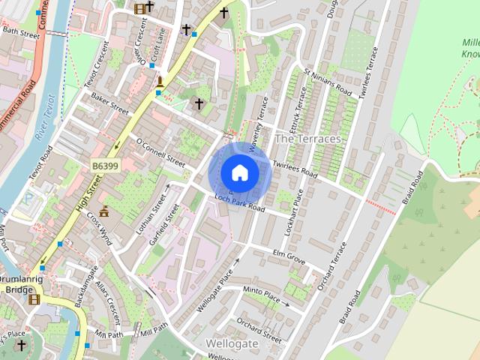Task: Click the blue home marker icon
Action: [x=239, y=172]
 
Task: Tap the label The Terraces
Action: [x=307, y=139]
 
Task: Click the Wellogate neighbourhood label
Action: [x=232, y=343]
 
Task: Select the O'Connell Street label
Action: [x=160, y=151]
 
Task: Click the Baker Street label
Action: [x=109, y=102]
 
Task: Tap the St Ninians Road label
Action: [x=328, y=80]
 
